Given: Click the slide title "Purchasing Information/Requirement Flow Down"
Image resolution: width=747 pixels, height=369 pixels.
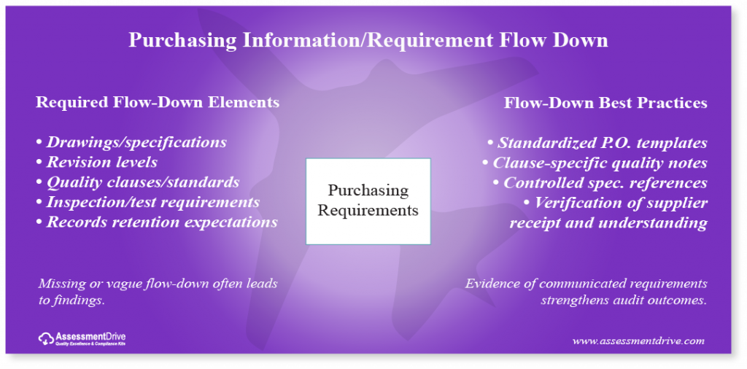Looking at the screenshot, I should tap(368, 39).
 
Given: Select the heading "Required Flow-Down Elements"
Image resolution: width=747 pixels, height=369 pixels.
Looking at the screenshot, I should tap(158, 102).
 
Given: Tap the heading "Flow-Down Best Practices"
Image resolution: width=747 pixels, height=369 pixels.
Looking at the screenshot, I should tap(605, 103).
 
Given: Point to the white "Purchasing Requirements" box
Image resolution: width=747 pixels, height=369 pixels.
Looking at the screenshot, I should tap(368, 201).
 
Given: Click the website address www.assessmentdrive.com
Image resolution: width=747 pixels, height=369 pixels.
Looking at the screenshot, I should tap(638, 340).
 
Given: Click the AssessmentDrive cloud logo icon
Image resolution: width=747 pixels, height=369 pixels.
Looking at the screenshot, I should tap(45, 338).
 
